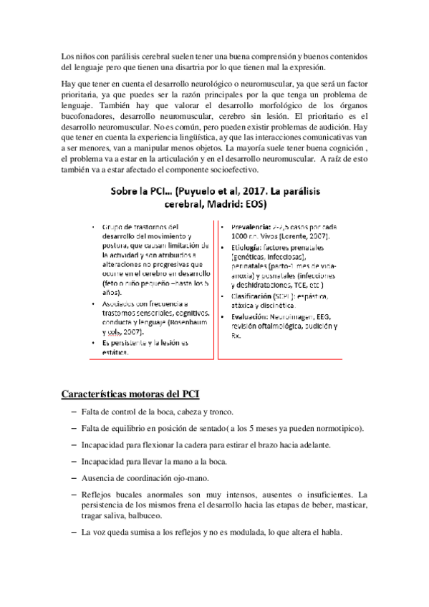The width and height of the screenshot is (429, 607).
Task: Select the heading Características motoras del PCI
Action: [130, 394]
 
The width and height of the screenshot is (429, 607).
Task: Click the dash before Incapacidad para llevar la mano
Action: [74, 461]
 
